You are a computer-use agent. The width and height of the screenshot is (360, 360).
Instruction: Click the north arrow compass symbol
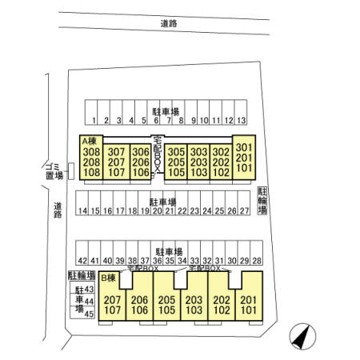coord(302,337)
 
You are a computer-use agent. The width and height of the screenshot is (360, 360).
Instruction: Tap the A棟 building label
coord(90,141)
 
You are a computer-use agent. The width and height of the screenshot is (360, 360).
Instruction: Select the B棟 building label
coord(108,278)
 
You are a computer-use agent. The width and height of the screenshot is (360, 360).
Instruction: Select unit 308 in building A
coord(91,152)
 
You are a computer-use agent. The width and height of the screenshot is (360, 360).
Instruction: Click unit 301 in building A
coord(244,147)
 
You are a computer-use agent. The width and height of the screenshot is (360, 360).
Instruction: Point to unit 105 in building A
coord(176,172)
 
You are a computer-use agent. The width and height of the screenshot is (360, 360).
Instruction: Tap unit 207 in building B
coord(112,300)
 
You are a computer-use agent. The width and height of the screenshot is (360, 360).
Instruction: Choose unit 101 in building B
coord(249,310)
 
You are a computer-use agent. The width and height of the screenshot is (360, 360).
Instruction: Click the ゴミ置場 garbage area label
coord(54,171)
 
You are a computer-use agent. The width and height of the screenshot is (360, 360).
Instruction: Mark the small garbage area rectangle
coord(71,171)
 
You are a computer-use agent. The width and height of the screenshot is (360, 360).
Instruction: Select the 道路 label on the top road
coord(169,23)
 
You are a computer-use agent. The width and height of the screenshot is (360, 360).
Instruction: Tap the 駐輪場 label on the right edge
coord(262,201)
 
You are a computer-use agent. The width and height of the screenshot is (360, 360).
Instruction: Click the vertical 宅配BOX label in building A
coord(158,154)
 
